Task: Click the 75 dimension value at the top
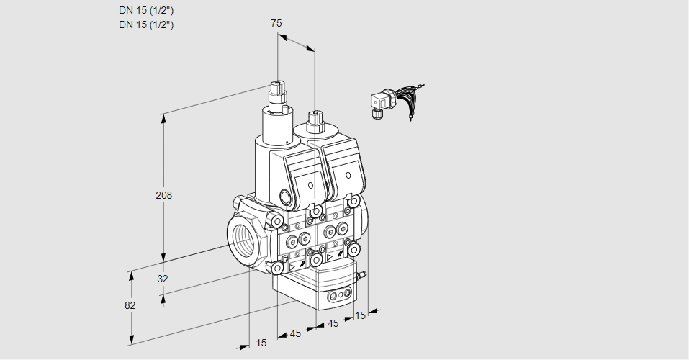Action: point(276,24)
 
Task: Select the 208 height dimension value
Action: point(165,195)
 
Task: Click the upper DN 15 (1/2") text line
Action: point(146,10)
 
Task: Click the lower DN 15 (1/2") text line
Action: point(146,24)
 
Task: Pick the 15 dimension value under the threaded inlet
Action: point(261,343)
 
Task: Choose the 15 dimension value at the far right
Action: point(361,315)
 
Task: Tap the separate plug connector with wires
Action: point(380,103)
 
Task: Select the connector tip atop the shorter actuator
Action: point(314,115)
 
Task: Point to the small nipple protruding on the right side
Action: point(363,274)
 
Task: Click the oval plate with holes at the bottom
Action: point(340,295)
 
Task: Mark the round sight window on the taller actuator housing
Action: point(285,197)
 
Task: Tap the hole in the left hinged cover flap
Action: point(311,185)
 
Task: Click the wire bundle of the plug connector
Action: point(410,101)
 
